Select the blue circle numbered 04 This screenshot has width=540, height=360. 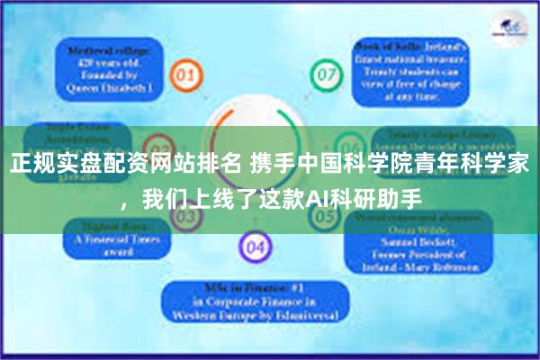tap(256, 245)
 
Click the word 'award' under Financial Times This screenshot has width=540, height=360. tap(105, 252)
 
